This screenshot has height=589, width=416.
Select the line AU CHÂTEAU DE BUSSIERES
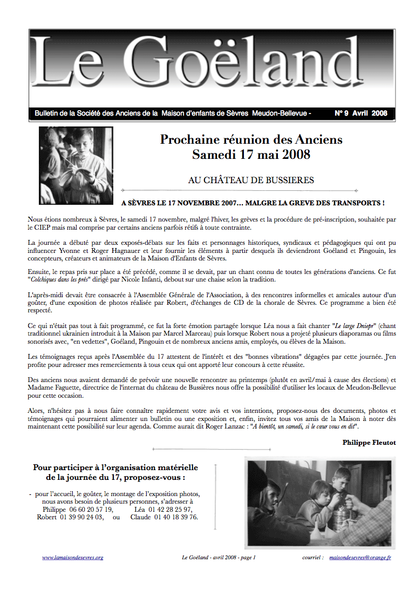pos(251,180)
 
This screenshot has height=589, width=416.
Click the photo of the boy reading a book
pos(75,165)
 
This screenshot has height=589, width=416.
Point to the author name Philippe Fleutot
pos(369,442)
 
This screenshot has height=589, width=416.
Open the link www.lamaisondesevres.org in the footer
pos(72,557)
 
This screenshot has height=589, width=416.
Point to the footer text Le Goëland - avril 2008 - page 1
pos(219,557)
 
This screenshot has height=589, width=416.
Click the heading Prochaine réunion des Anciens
pos(251,140)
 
